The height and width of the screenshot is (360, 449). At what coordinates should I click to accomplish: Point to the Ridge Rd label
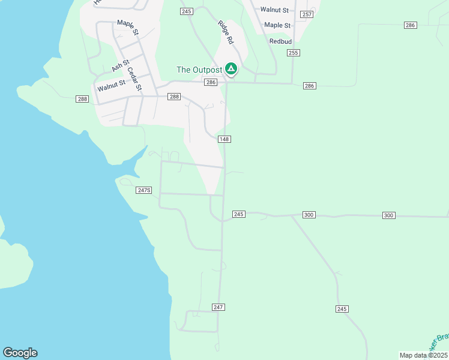pyautogui.click(x=226, y=34)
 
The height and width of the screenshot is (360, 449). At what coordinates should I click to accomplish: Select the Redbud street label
pyautogui.click(x=280, y=41)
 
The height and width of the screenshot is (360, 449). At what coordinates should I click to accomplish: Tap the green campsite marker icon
pyautogui.click(x=231, y=69)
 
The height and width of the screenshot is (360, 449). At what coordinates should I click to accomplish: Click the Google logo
pyautogui.click(x=20, y=353)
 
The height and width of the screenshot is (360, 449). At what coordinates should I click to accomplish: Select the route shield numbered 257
pyautogui.click(x=307, y=14)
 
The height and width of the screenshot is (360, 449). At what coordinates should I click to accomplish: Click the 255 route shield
pyautogui.click(x=293, y=53)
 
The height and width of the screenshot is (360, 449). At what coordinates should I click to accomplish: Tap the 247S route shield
pyautogui.click(x=144, y=190)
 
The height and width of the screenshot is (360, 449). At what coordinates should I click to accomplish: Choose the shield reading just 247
pyautogui.click(x=218, y=307)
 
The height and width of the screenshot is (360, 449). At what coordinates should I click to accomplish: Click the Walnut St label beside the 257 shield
pyautogui.click(x=274, y=10)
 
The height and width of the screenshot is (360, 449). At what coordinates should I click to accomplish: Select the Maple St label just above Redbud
pyautogui.click(x=277, y=25)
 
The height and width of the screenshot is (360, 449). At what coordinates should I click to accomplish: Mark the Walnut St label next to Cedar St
pyautogui.click(x=111, y=86)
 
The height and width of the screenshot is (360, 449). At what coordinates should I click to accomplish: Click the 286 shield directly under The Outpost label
pyautogui.click(x=210, y=82)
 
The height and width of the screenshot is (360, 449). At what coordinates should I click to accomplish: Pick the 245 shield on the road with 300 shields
pyautogui.click(x=238, y=214)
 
